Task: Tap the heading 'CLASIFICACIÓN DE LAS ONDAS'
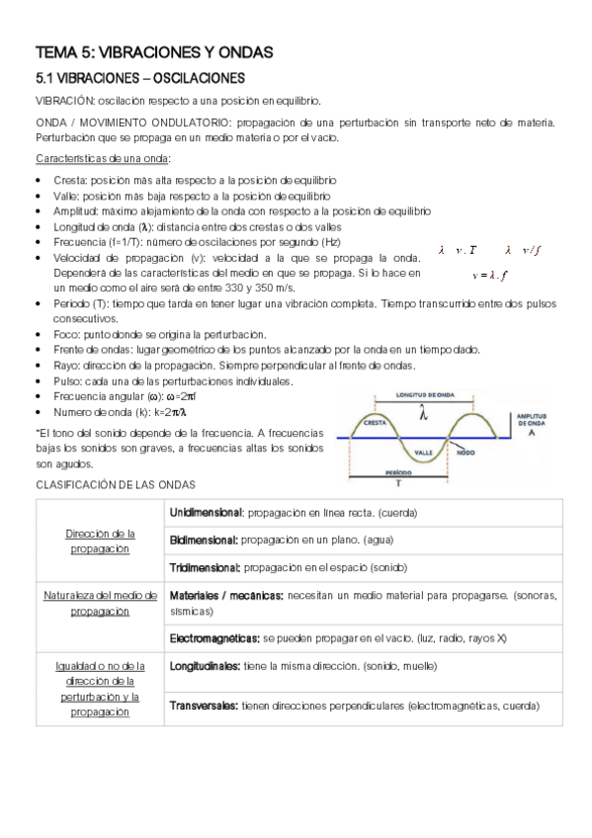[x=117, y=485]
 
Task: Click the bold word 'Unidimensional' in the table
[x=207, y=513]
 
